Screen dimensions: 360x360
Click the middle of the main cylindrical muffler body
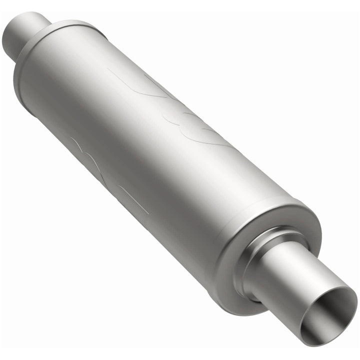[165, 150]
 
